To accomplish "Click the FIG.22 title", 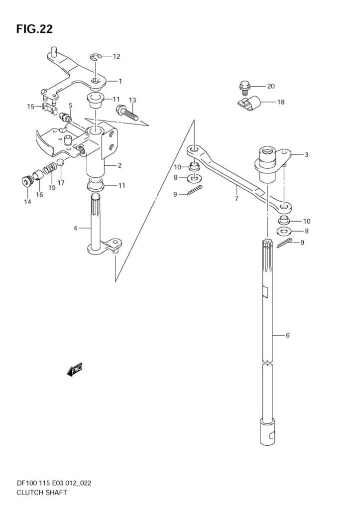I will pos(34,29).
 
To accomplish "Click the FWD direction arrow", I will pos(74,370).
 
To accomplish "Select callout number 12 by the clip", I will pos(117,56).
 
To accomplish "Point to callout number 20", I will pos(271,86).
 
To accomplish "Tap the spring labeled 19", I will pos(48,170).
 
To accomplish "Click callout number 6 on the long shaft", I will pos(287,335).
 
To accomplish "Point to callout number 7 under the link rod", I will pos(237,198).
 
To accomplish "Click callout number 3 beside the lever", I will pos(306,154).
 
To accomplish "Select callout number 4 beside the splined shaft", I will pos(76,228).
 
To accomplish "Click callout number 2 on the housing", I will pos(120,165).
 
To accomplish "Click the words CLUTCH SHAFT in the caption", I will pos(38,493).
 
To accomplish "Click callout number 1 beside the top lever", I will pos(120,81).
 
